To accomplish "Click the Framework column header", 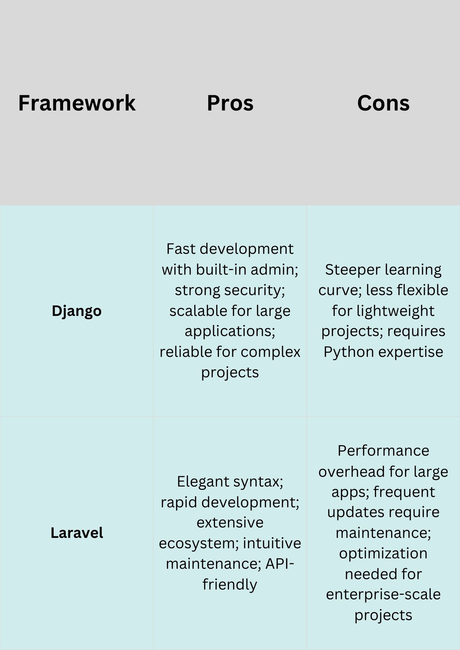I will (x=77, y=103).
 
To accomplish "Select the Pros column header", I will (x=230, y=103).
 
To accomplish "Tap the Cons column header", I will (x=383, y=103).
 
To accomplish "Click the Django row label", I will (x=77, y=311).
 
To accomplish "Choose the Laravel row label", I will (x=77, y=533).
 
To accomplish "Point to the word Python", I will (x=346, y=352).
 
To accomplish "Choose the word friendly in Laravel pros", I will (x=230, y=584).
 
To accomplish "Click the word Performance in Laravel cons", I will (x=383, y=451).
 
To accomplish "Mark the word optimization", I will (x=383, y=553).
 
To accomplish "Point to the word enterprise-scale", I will (x=383, y=594).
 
